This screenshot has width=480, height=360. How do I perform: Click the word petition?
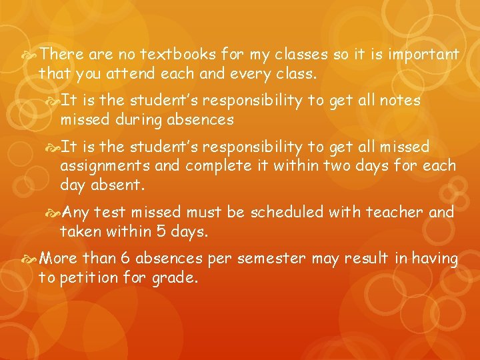pyautogui.click(x=87, y=277)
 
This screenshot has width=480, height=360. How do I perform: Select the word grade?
pyautogui.click(x=175, y=278)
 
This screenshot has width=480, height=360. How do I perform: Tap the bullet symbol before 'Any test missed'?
pyautogui.click(x=53, y=213)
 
